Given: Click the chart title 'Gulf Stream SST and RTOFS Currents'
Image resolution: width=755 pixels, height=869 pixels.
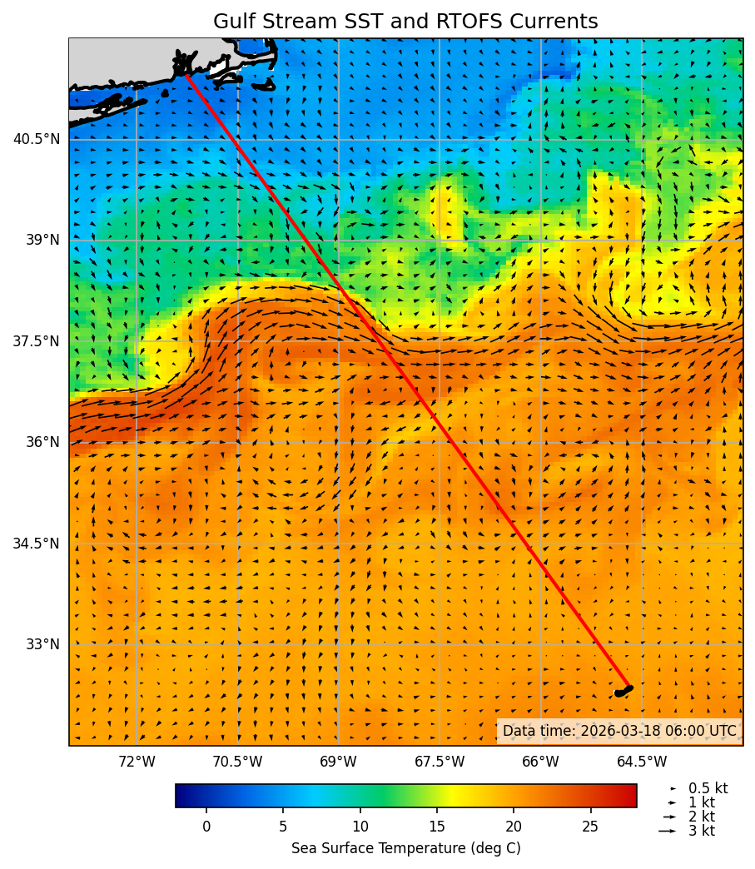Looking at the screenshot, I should tap(405, 22).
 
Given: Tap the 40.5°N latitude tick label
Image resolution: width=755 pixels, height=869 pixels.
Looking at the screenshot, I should tap(37, 139).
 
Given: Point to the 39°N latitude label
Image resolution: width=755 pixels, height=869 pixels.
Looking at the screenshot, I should tap(42, 240).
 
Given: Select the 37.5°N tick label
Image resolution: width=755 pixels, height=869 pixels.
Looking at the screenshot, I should tap(37, 341).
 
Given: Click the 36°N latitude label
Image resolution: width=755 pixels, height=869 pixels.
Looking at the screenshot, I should tap(42, 442).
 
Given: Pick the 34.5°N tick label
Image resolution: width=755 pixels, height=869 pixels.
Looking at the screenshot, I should tap(37, 544).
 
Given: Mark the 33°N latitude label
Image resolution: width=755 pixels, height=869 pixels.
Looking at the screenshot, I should tap(42, 644).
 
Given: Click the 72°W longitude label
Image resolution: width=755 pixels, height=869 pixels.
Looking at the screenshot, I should tap(137, 762).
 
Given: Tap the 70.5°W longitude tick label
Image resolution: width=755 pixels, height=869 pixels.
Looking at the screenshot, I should tap(237, 762).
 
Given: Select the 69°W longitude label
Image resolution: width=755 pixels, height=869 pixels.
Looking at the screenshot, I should tap(338, 762).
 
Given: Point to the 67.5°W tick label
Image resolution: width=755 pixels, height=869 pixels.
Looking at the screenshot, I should tap(440, 762).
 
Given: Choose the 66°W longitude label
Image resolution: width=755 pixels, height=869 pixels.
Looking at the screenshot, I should tap(540, 762).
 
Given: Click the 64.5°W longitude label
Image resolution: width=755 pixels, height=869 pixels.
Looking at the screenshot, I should tap(642, 762).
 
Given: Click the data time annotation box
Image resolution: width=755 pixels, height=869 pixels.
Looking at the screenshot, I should tap(619, 731).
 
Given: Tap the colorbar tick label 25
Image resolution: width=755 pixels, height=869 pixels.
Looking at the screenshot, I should tap(591, 827).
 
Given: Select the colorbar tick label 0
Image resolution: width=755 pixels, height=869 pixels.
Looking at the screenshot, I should tap(206, 827).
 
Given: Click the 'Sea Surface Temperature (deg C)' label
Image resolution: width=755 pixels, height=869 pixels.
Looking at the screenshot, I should tap(405, 848).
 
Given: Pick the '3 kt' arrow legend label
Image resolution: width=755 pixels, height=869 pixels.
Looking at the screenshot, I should tap(701, 831).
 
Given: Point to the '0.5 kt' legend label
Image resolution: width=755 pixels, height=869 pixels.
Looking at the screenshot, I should tap(708, 788).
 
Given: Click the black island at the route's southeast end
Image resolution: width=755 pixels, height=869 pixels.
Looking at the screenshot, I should tap(623, 691).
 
